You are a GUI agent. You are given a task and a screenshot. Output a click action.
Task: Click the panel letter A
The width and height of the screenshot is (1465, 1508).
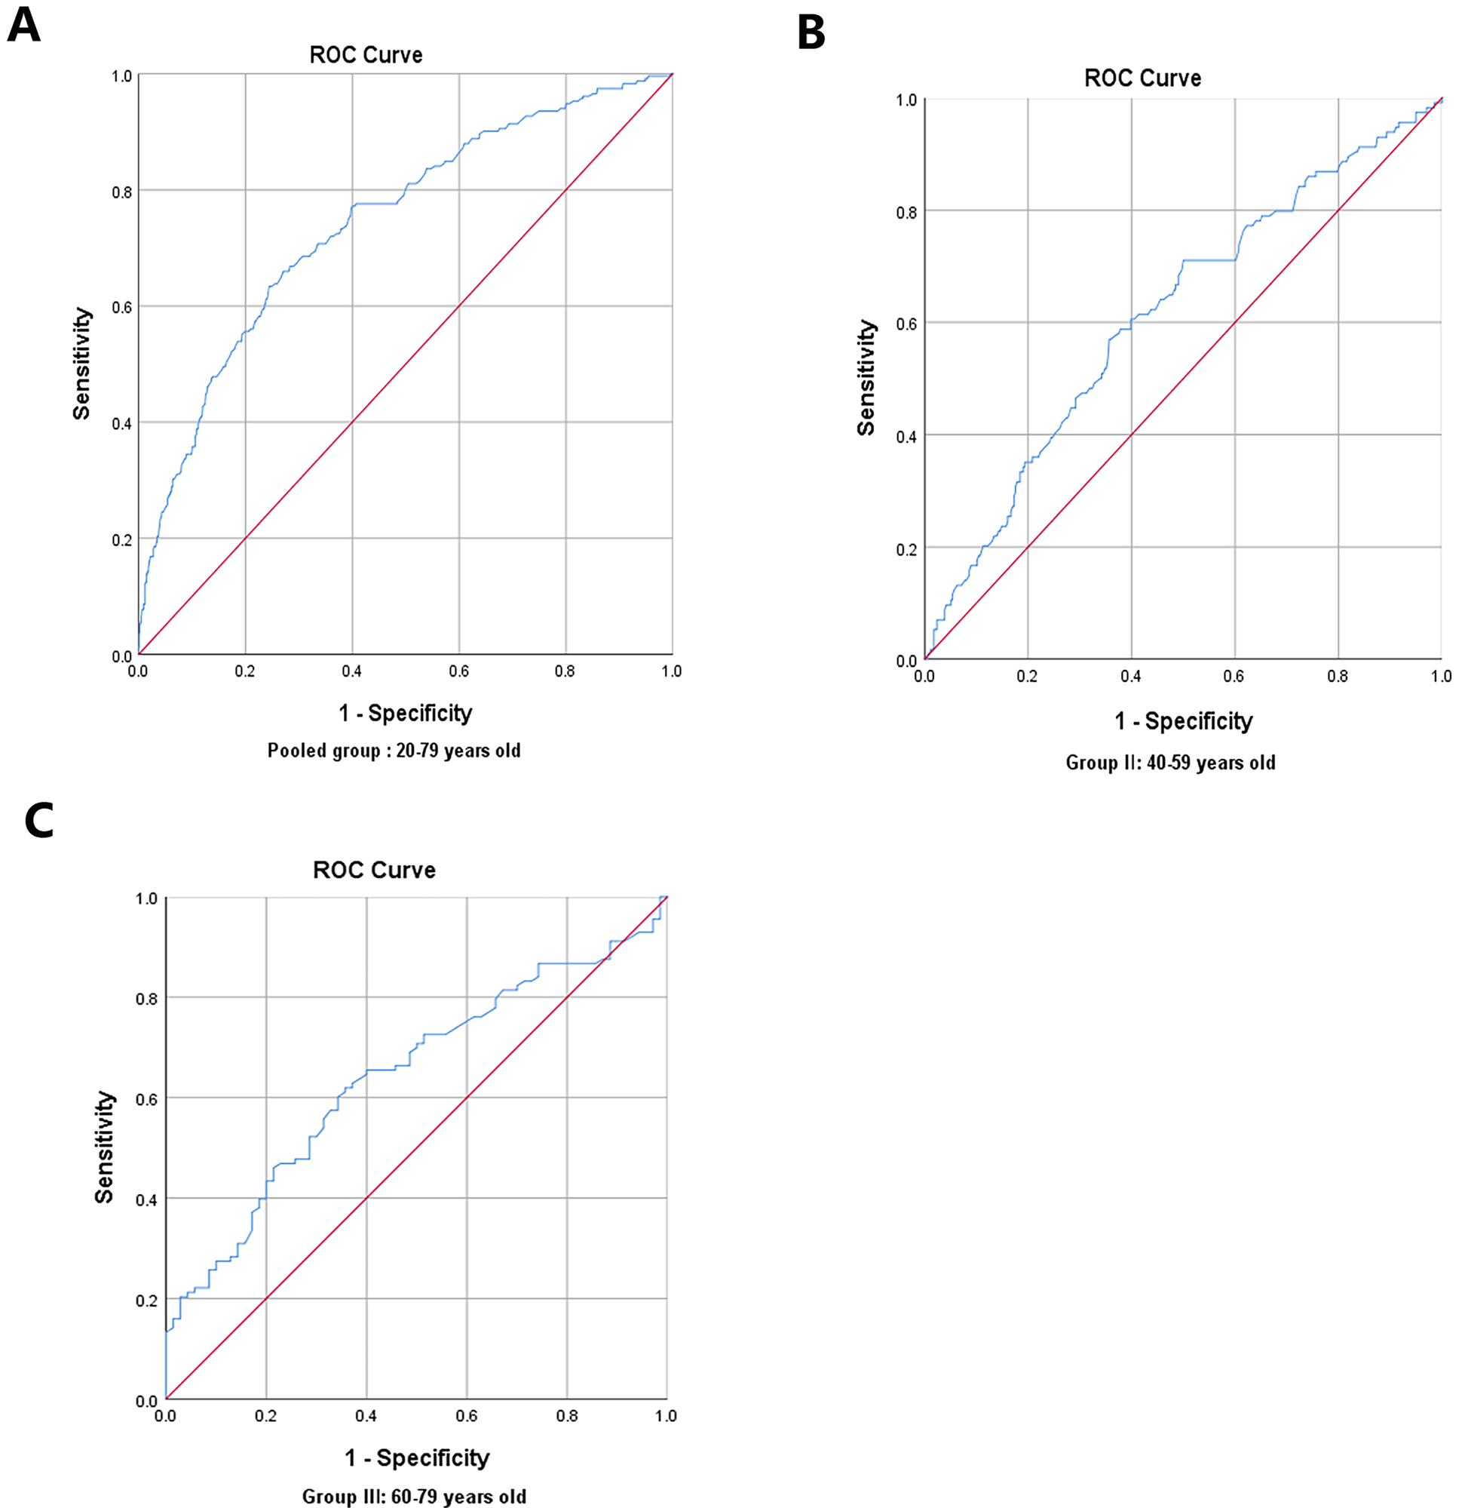click(23, 26)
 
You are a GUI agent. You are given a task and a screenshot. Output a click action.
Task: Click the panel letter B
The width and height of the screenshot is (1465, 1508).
click(811, 34)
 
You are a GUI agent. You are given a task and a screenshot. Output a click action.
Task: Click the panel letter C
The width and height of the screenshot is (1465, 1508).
click(38, 821)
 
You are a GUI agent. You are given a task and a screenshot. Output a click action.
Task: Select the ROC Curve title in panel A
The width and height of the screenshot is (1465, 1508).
click(366, 55)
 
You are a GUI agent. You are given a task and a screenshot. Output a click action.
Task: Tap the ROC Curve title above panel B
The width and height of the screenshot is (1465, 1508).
click(1142, 78)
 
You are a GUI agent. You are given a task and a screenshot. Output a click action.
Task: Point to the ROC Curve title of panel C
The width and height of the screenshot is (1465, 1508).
click(374, 870)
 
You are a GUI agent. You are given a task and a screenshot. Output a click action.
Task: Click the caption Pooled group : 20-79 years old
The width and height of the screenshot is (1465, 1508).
click(394, 751)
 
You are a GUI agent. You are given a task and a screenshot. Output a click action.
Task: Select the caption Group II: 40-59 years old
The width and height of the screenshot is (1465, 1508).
click(1170, 763)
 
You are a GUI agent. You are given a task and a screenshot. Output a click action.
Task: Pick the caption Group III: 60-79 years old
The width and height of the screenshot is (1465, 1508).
click(414, 1497)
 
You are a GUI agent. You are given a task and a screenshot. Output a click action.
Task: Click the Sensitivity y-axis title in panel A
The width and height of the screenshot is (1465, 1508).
click(81, 364)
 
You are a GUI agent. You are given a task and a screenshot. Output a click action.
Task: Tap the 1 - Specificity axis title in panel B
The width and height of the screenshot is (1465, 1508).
click(1184, 721)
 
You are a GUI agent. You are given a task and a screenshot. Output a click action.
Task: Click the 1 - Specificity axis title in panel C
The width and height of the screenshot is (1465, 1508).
click(417, 1458)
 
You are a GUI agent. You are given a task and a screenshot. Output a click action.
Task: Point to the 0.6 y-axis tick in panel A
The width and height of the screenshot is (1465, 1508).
click(121, 307)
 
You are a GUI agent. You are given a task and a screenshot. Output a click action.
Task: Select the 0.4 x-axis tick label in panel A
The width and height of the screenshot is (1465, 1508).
click(351, 671)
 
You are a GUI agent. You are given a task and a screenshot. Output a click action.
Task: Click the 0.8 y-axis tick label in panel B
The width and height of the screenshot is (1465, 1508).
click(906, 213)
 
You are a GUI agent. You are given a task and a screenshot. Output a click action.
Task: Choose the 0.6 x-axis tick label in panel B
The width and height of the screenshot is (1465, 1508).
click(1234, 676)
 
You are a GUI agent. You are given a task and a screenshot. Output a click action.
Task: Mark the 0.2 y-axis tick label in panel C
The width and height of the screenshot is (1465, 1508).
click(146, 1300)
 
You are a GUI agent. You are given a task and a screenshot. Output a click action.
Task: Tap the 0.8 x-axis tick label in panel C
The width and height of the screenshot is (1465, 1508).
click(567, 1416)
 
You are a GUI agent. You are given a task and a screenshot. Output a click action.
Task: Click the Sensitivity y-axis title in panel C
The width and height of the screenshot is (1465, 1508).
click(104, 1146)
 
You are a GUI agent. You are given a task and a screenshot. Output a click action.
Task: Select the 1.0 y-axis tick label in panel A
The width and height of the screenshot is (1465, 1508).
click(121, 76)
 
